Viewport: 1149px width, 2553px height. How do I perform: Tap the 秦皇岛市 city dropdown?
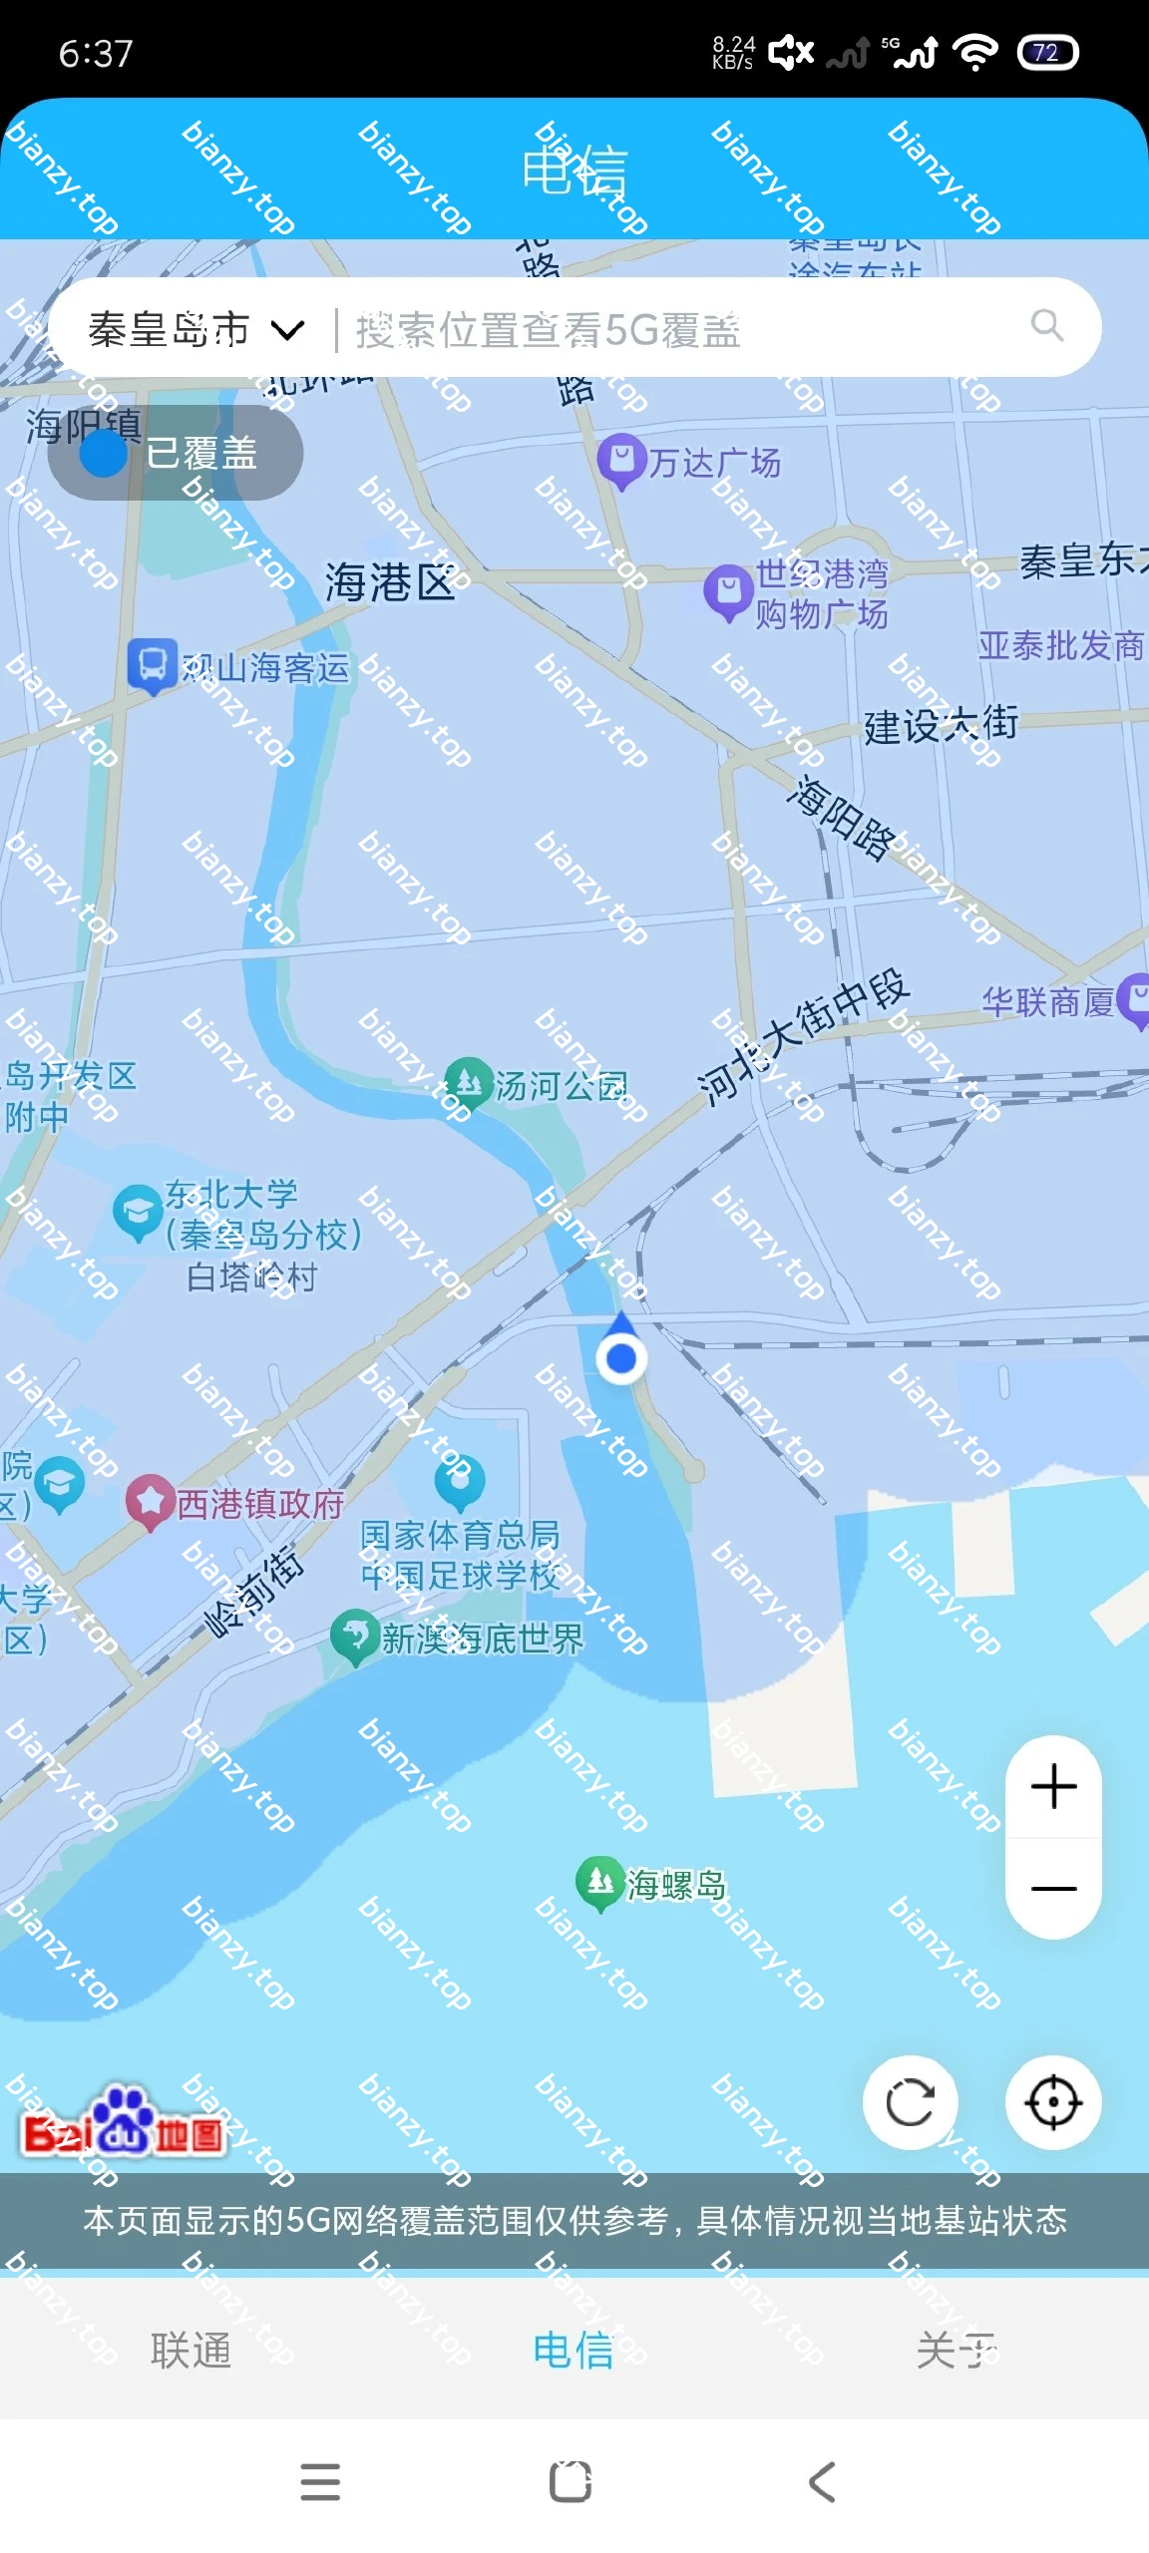click(195, 329)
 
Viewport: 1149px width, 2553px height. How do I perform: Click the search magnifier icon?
click(1046, 325)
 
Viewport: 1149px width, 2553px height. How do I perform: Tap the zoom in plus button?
click(1053, 1786)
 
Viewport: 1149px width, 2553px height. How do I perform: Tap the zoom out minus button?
click(1053, 1888)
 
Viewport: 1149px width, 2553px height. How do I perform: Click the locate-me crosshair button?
click(1053, 2103)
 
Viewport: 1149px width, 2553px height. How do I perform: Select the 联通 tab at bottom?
click(191, 2350)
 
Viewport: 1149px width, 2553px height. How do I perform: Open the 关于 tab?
click(956, 2350)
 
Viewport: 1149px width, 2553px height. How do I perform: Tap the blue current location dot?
click(621, 1357)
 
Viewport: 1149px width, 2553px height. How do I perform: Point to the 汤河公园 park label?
click(562, 1086)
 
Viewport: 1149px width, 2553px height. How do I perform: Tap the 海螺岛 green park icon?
click(599, 1881)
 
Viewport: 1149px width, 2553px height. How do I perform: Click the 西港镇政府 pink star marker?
click(150, 1500)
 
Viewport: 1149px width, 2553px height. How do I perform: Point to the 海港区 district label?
click(390, 582)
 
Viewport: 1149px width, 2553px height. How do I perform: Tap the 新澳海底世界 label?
click(483, 1639)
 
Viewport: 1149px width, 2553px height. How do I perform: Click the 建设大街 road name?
click(941, 725)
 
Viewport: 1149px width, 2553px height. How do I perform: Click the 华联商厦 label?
click(1047, 1001)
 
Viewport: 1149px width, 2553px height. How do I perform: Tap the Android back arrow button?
click(822, 2481)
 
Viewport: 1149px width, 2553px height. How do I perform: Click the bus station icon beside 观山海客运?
click(153, 664)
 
